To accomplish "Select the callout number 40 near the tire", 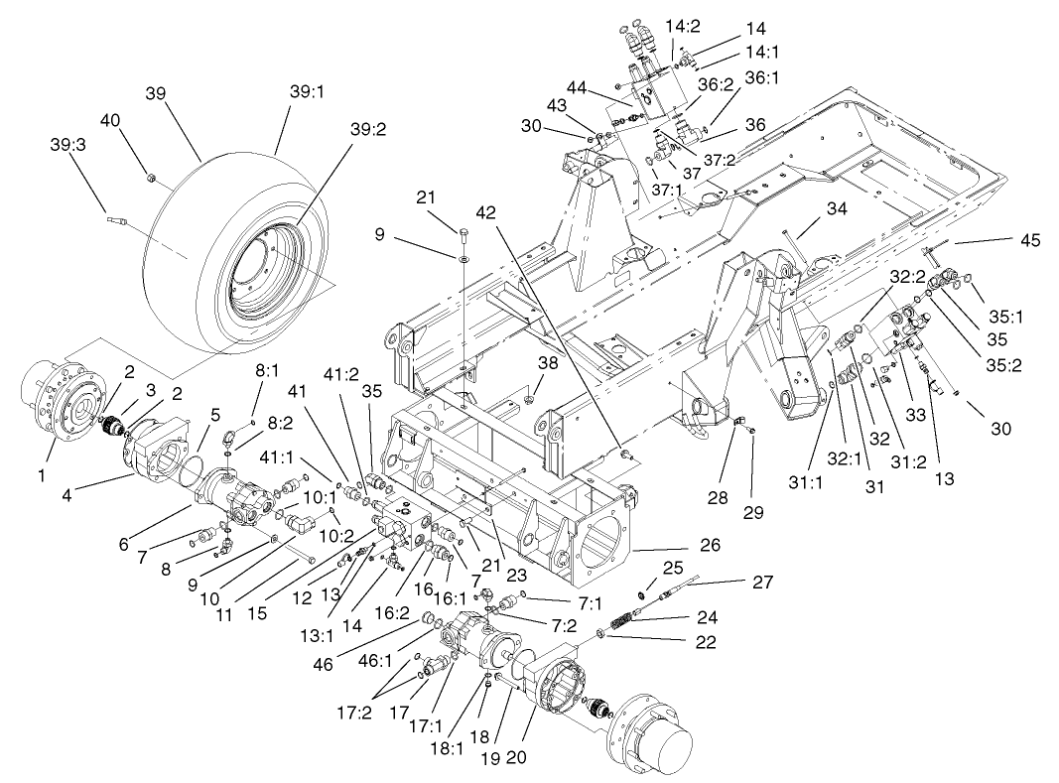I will click(x=111, y=120).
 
